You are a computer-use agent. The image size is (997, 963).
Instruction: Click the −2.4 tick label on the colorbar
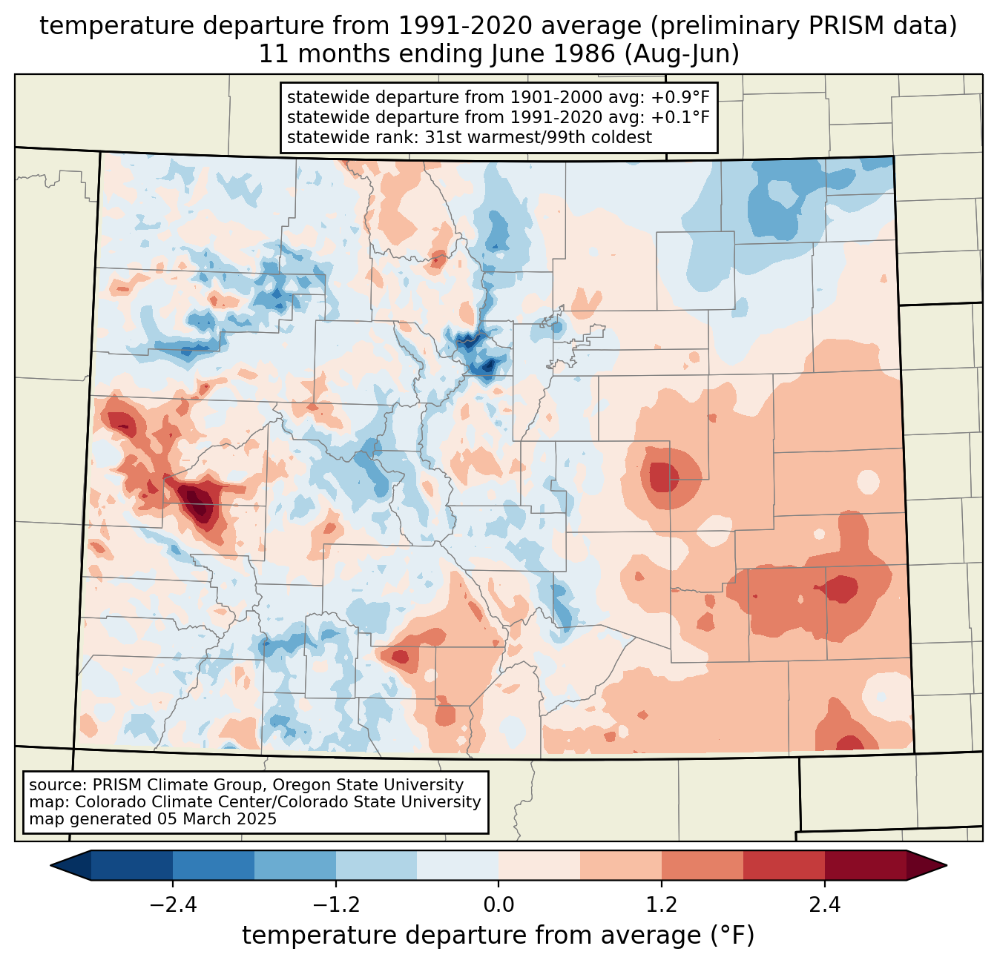173,904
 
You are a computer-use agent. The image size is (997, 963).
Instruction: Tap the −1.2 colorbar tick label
336,904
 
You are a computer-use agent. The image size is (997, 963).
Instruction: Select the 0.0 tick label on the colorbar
498,904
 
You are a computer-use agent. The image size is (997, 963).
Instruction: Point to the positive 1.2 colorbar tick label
662,904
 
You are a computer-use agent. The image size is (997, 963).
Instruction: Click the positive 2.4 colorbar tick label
825,904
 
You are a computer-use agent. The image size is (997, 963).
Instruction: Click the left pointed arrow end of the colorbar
51,865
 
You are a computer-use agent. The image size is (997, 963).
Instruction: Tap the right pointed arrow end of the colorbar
946,865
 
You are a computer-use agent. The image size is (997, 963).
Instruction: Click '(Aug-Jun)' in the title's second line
682,54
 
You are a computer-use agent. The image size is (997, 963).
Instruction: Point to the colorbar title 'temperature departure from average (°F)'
498,935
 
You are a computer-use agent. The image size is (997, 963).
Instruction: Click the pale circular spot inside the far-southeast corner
881,696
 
